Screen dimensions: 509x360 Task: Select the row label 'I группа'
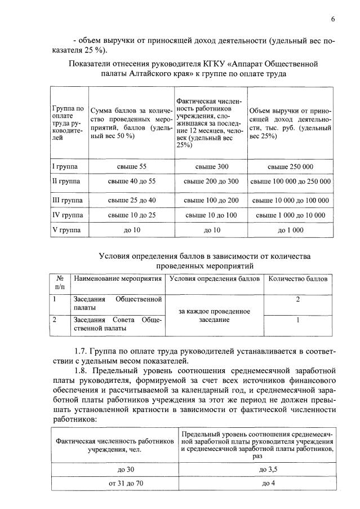pos(65,167)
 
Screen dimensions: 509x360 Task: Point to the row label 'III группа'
pos(66,200)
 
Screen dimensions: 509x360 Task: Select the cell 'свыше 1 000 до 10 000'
pos(290,215)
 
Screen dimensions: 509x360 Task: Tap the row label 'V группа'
pos(65,230)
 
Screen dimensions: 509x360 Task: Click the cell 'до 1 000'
pos(290,230)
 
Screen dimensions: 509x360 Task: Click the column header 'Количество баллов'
pos(297,278)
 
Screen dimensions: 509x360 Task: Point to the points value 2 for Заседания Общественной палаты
pos(297,299)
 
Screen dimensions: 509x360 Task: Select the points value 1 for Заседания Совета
pos(297,320)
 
